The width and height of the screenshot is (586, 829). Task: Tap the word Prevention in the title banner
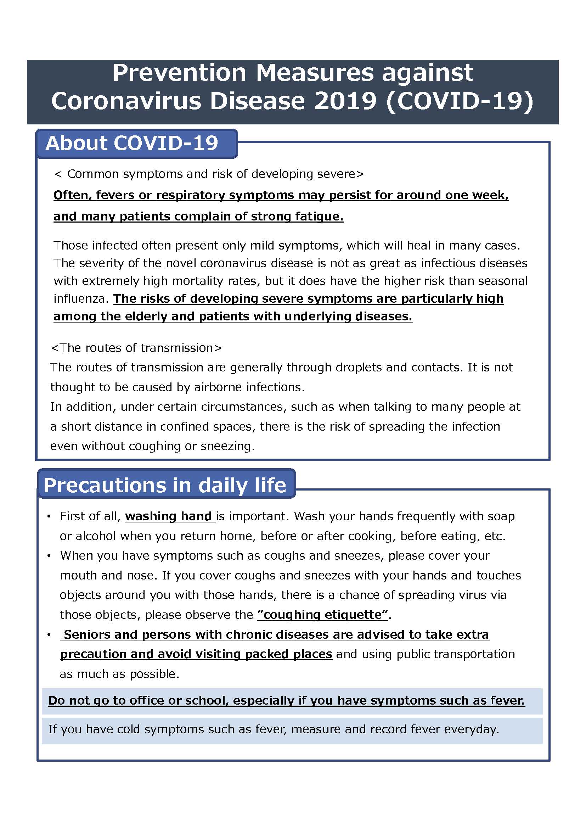point(179,73)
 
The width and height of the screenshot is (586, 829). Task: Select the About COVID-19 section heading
point(132,143)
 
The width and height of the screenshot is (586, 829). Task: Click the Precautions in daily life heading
point(165,485)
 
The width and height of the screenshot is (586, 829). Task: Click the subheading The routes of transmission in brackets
point(136,348)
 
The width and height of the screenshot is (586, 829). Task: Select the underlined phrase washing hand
point(169,516)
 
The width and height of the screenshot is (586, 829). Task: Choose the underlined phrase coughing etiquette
point(323,615)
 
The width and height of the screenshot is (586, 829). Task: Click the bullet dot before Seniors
point(49,635)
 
